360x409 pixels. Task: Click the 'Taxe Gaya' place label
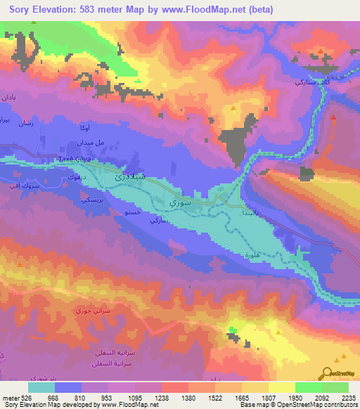point(73,160)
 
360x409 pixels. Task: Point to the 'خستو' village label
point(132,211)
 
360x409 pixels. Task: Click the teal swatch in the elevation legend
point(41,387)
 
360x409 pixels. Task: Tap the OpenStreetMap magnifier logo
point(328,372)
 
